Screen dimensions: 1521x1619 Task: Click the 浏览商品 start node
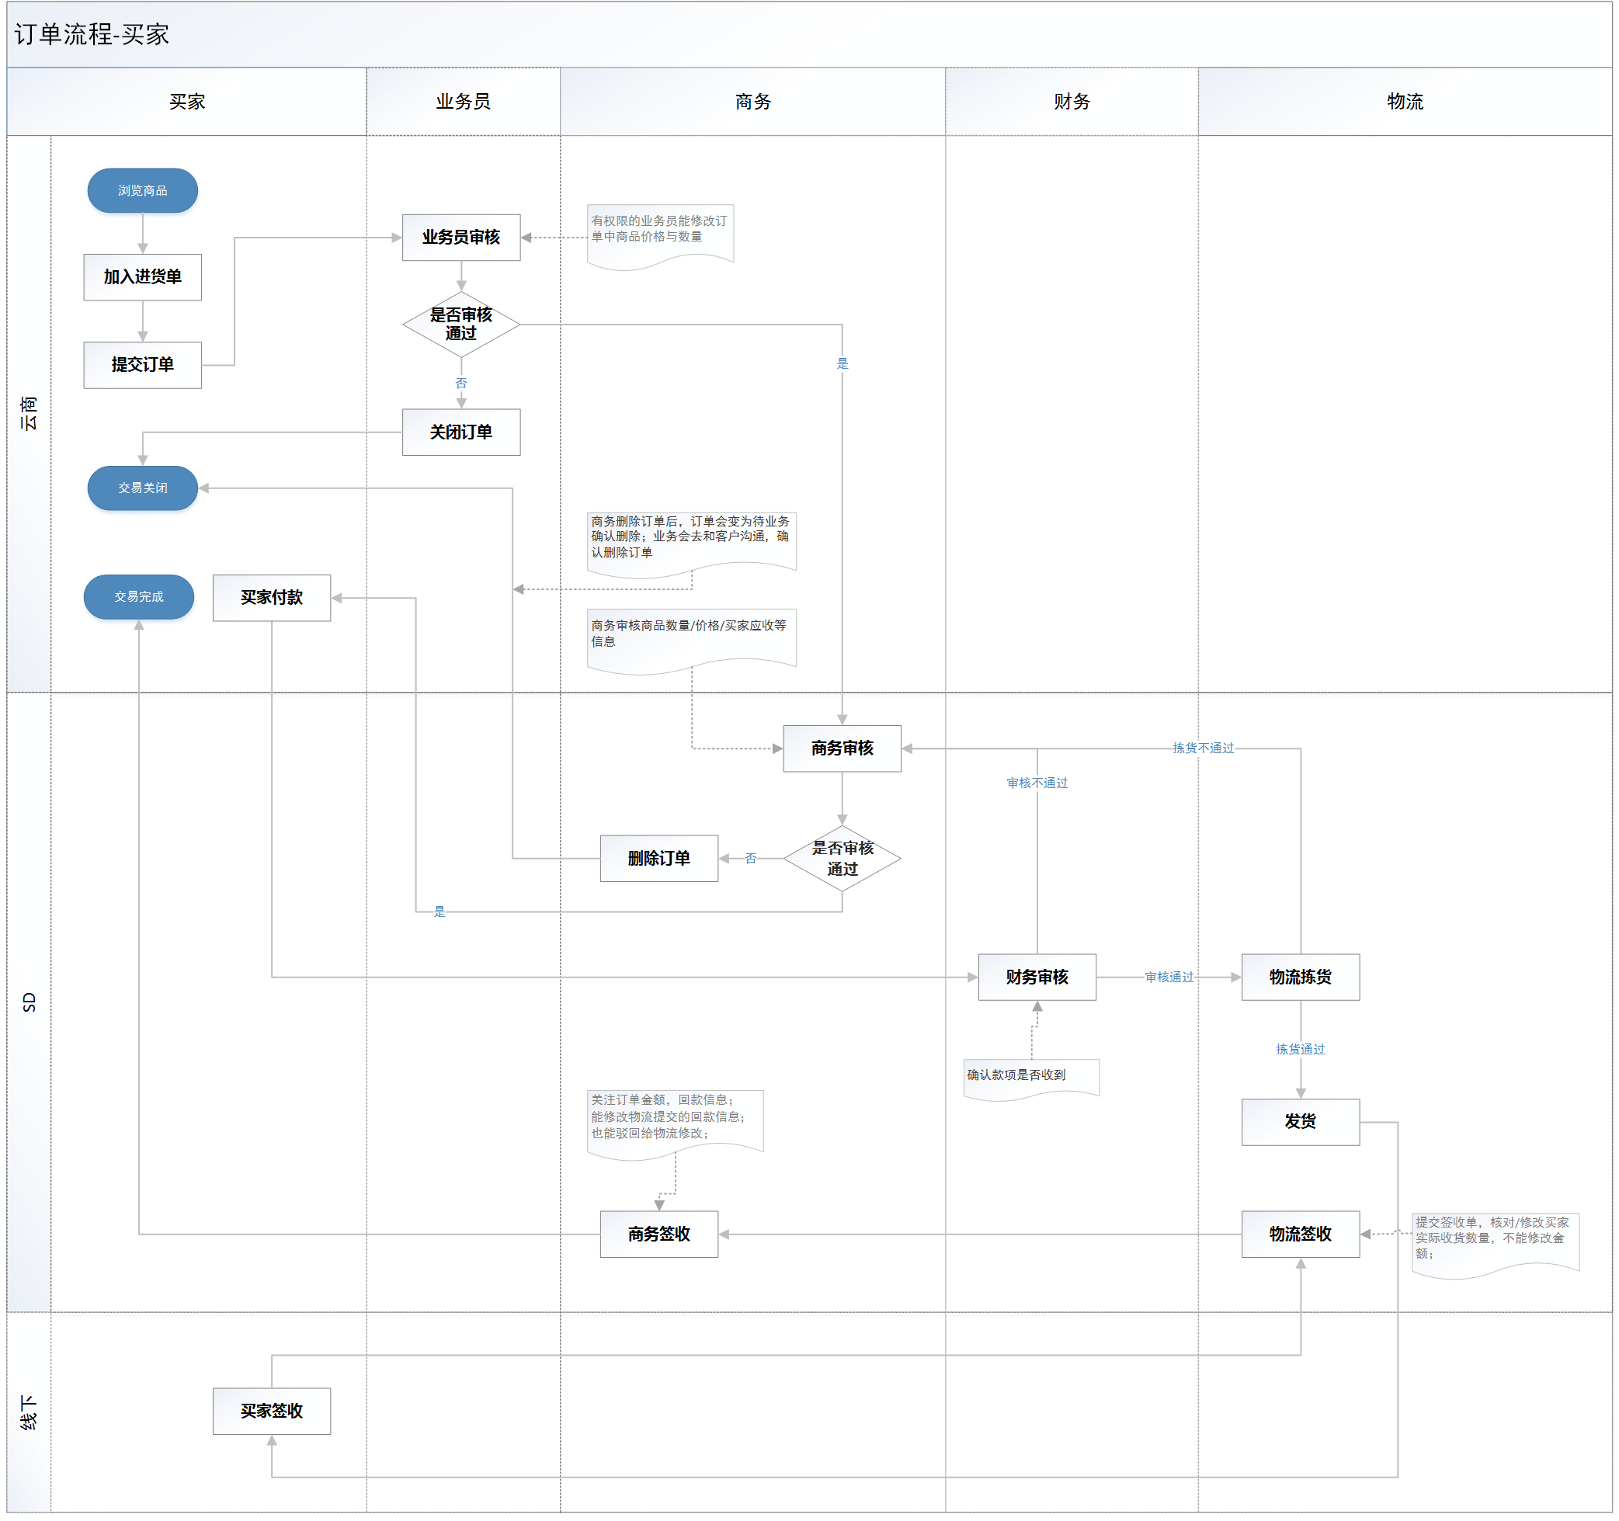(143, 190)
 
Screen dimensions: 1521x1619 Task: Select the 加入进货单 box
(143, 277)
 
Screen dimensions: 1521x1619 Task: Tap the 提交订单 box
(143, 365)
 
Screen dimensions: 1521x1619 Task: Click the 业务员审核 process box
(461, 237)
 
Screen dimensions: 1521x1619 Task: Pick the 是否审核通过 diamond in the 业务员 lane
(461, 324)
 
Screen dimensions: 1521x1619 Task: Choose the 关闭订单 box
(461, 432)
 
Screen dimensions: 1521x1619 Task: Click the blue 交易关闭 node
(143, 488)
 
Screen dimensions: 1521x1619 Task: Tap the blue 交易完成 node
(138, 597)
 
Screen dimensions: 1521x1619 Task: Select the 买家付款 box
(271, 598)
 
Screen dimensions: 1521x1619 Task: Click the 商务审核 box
(841, 748)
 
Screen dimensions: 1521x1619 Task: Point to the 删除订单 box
(658, 858)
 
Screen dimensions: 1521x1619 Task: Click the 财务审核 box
(1037, 977)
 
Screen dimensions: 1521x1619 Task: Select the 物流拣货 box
(1300, 977)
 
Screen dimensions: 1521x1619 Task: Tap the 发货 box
(1300, 1122)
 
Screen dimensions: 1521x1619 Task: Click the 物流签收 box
(1300, 1235)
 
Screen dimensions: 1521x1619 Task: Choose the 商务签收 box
(658, 1235)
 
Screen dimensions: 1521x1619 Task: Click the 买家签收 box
(271, 1411)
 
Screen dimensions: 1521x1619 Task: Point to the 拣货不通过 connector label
(1203, 748)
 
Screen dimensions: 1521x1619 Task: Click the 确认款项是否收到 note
(1030, 1076)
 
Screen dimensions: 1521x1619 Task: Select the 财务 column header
(1071, 102)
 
